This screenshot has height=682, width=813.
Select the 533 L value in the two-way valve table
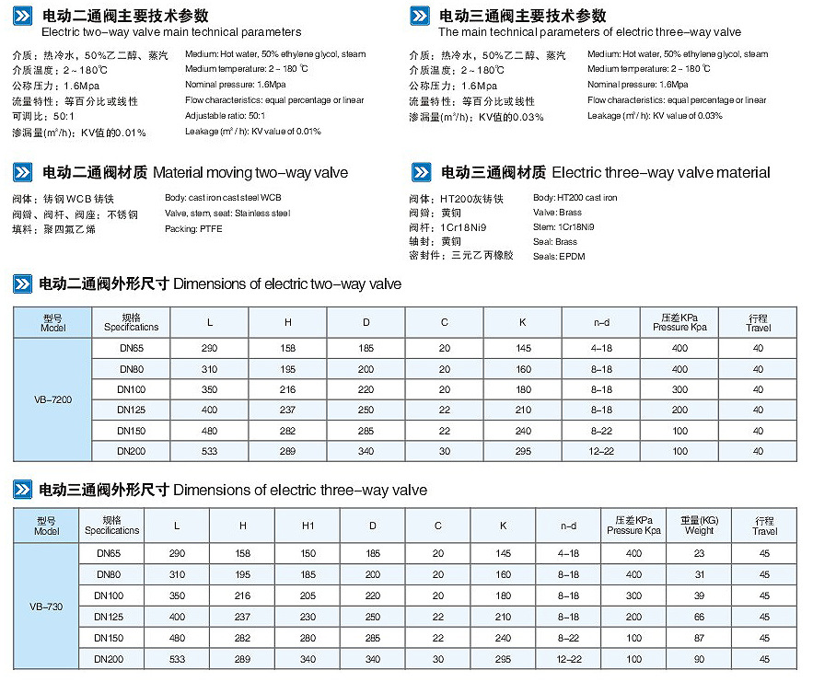[209, 452]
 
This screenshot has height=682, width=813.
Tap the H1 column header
[308, 526]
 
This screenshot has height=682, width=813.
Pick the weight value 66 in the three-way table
[699, 617]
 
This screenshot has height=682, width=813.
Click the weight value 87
[699, 638]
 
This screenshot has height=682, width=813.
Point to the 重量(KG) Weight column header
[699, 526]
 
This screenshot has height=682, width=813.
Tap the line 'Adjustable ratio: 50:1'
[225, 116]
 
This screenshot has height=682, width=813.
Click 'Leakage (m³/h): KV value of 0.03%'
[655, 116]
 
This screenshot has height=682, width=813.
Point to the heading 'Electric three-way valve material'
[661, 172]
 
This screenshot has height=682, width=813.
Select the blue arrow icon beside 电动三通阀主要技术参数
[419, 16]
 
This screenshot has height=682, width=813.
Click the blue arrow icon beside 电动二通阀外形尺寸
[23, 283]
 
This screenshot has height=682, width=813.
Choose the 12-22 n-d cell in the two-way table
[601, 452]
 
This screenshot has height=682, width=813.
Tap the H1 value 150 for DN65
[308, 553]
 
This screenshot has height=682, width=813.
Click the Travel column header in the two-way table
[759, 323]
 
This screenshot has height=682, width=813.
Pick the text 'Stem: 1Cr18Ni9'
[563, 226]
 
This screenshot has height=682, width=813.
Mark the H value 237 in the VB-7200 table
[288, 410]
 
